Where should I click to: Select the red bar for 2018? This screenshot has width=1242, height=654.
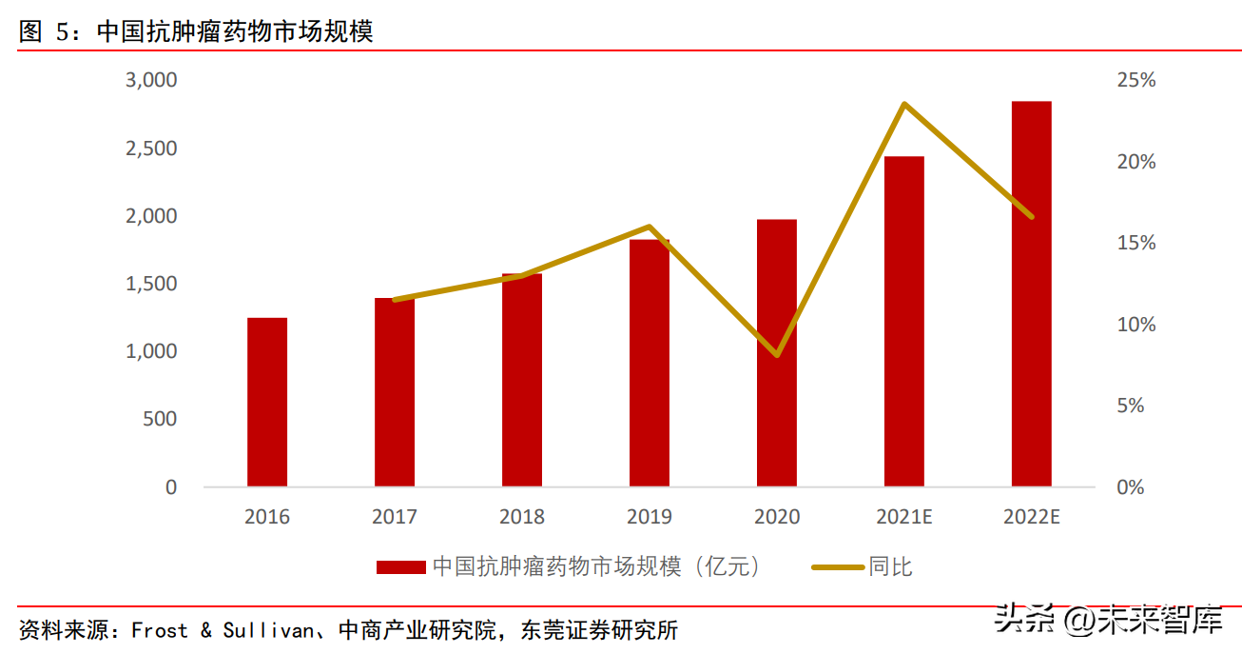522,380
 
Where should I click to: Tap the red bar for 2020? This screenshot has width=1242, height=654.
777,353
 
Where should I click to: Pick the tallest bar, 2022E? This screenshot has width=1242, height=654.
1032,294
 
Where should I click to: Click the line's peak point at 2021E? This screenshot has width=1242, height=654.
903,104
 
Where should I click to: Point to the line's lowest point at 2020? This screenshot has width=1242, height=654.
777,354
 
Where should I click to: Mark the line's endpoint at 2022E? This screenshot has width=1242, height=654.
1032,216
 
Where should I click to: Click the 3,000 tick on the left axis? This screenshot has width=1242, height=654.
152,80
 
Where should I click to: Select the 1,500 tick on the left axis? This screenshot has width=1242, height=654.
152,284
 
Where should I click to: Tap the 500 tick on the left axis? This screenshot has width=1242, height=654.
159,419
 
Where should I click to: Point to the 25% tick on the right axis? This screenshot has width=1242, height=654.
1136,80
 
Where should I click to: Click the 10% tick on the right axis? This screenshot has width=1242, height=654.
1136,325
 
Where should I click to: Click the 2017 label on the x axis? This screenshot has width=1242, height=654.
395,517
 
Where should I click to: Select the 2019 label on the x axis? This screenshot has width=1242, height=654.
650,517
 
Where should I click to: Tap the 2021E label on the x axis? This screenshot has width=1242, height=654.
903,517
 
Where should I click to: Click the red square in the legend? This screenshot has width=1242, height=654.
400,567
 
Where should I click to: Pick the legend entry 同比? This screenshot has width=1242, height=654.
890,567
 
